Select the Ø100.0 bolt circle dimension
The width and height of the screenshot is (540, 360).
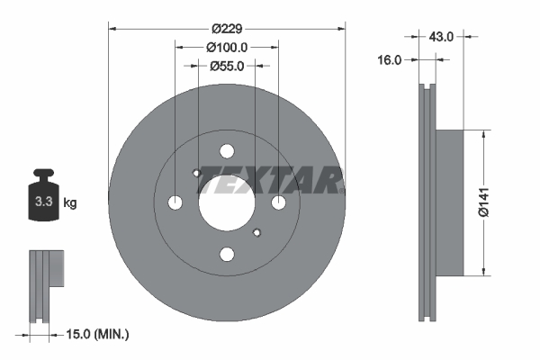pos(227,47)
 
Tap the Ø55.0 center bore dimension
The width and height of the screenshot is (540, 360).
pos(227,66)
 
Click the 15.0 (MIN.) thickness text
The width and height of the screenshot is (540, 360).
pos(98,334)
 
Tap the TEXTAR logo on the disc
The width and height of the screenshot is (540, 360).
pos(269,180)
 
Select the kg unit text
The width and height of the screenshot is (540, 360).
pos(70,203)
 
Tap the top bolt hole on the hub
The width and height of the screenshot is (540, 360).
pos(227,151)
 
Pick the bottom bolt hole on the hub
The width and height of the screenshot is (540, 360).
pos(227,254)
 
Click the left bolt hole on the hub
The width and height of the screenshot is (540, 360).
pos(175,202)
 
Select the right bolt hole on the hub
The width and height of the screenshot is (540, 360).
pos(278,202)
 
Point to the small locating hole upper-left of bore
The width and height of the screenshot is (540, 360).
pos(197,173)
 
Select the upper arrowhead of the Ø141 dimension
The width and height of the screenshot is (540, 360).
pos(485,136)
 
